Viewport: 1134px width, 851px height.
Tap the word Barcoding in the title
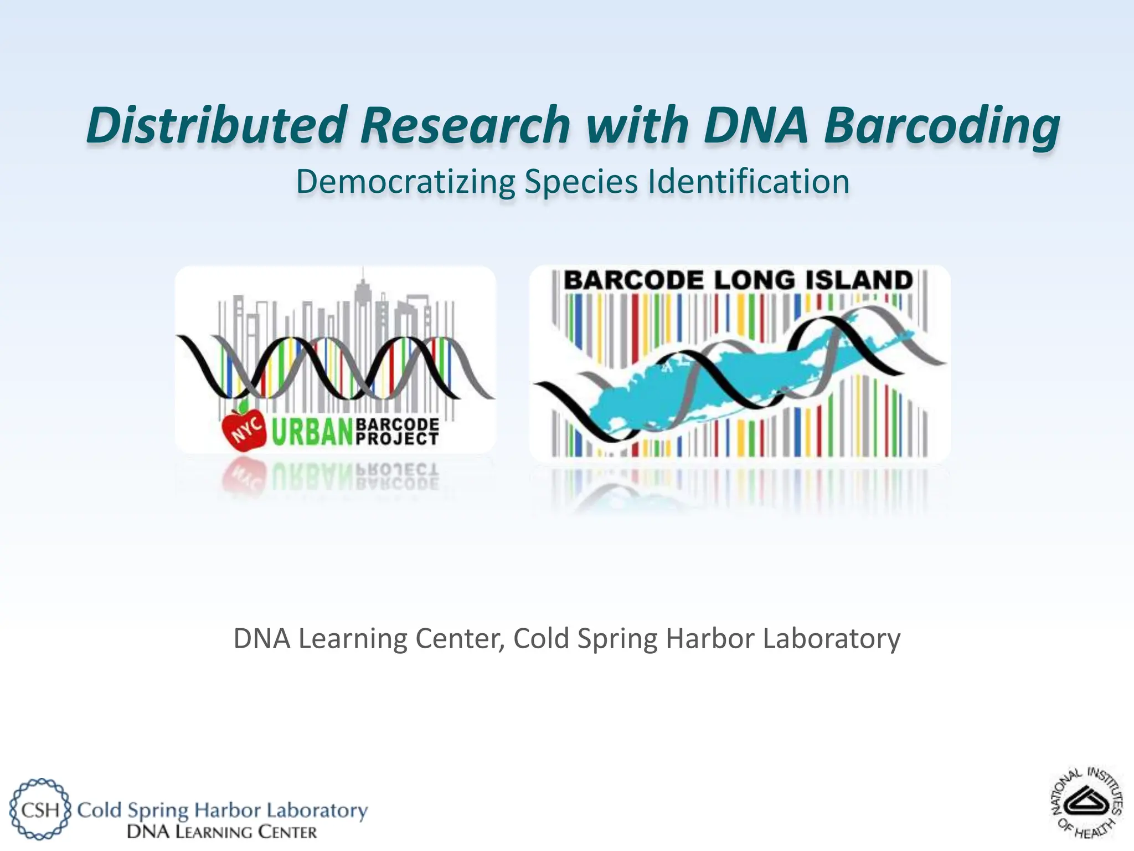pos(941,125)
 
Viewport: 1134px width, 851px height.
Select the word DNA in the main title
pos(756,125)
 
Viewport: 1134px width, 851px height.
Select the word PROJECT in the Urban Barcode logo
pos(396,439)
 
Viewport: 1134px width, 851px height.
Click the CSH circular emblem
pos(40,809)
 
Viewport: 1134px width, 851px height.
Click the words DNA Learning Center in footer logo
pos(221,832)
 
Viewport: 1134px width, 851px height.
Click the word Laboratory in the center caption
pos(831,638)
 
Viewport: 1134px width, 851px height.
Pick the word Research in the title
pos(465,125)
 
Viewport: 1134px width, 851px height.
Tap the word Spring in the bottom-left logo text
pos(158,811)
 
